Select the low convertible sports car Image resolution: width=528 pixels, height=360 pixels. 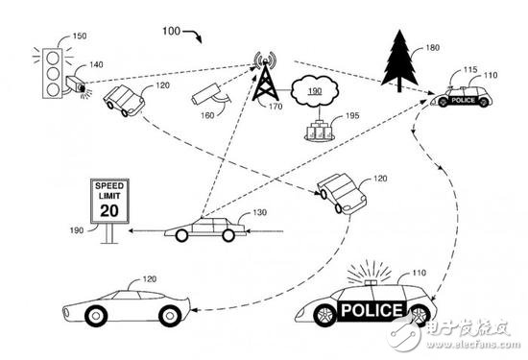click(x=123, y=305)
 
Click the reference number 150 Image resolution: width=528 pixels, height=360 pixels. click(x=80, y=36)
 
